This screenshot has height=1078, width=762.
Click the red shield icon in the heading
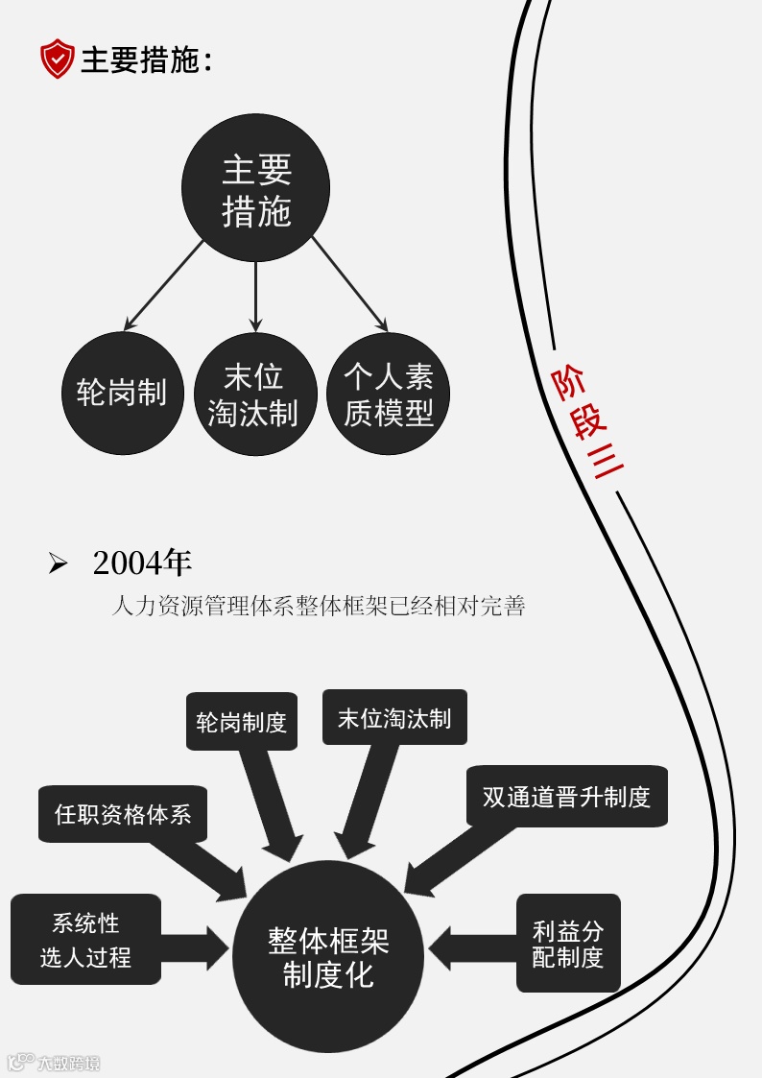tap(57, 60)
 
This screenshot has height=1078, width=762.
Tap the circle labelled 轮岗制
tap(122, 394)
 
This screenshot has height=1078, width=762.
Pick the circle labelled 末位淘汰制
tap(254, 394)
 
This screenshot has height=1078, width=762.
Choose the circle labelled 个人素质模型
tap(389, 394)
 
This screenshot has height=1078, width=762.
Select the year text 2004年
tap(142, 563)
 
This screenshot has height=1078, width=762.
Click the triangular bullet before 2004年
tap(59, 564)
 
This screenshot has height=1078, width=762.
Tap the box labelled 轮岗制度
tap(242, 721)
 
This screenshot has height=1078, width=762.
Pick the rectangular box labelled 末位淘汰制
tap(394, 717)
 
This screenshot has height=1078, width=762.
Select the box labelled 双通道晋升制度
tap(566, 796)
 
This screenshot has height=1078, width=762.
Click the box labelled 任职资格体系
tap(123, 814)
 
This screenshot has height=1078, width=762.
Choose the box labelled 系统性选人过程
tap(85, 940)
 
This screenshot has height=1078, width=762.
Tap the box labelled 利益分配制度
tap(568, 943)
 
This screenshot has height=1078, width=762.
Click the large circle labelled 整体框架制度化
tap(328, 957)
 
